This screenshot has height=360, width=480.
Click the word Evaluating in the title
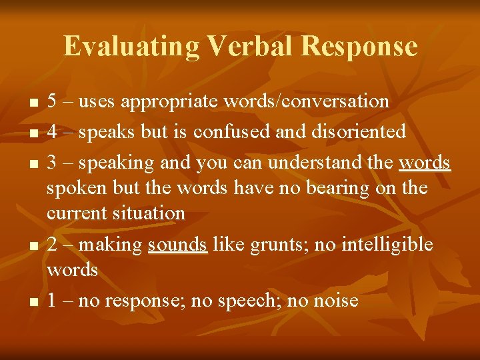click(x=131, y=47)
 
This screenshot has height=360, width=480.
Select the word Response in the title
click(x=359, y=47)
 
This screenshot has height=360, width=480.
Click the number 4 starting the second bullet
click(x=53, y=132)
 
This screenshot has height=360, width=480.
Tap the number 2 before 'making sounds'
click(x=53, y=245)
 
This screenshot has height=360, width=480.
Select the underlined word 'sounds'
click(x=177, y=245)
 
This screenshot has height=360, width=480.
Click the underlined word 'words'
click(x=425, y=163)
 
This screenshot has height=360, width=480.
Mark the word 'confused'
click(x=231, y=132)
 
